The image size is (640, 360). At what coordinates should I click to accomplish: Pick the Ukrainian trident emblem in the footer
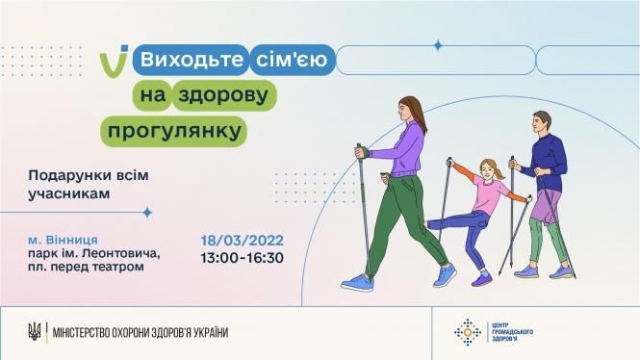coord(34,332)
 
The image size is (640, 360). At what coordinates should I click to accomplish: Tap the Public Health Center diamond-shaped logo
coord(468,332)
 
